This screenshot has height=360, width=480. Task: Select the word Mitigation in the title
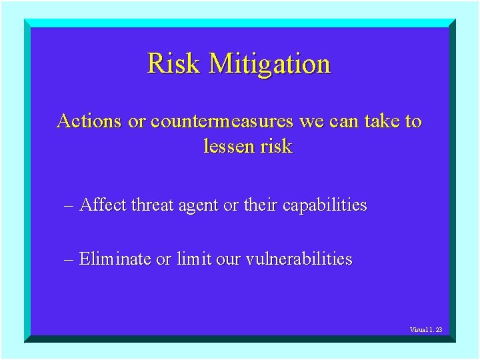(269, 64)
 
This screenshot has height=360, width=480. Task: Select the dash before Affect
(69, 205)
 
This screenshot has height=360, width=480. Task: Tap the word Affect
(103, 205)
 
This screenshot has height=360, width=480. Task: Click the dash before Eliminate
(69, 259)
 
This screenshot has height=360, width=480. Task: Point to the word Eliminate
(115, 259)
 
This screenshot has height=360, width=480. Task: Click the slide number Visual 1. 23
(426, 330)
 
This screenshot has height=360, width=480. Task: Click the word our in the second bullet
(228, 259)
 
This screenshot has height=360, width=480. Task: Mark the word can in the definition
(343, 121)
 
